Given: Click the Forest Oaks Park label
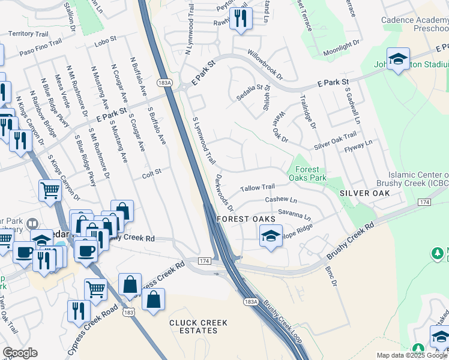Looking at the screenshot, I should (x=307, y=173).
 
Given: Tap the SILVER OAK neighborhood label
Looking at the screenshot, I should (x=364, y=193).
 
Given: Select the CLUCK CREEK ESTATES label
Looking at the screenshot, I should (x=198, y=326).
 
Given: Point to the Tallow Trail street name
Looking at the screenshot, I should (x=257, y=188).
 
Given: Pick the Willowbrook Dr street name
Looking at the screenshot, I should (x=265, y=65).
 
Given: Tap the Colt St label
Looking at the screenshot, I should (x=152, y=173).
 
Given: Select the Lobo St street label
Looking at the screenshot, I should (x=104, y=45).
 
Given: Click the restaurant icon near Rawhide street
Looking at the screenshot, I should (x=240, y=17).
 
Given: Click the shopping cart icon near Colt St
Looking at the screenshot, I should (x=50, y=190).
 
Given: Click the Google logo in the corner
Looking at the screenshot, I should (x=20, y=353).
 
